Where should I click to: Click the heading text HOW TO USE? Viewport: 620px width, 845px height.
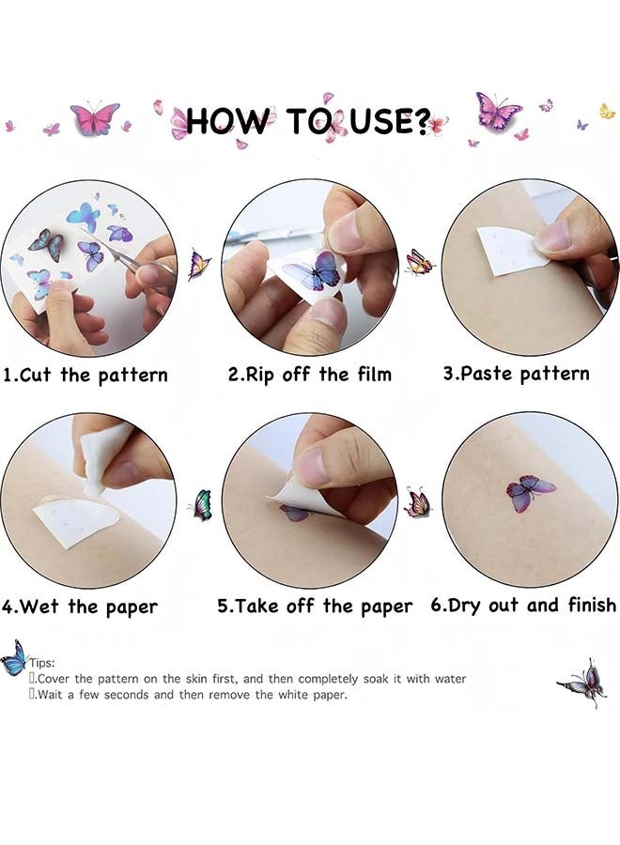pyautogui.click(x=307, y=122)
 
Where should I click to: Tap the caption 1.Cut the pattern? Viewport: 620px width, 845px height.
pyautogui.click(x=85, y=375)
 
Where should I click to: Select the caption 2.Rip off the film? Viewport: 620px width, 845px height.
pyautogui.click(x=309, y=374)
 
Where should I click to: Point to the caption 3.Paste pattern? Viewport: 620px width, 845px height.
pyautogui.click(x=516, y=374)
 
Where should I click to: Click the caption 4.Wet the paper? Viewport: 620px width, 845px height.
pyautogui.click(x=80, y=607)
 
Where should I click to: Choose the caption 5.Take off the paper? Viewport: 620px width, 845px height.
pyautogui.click(x=315, y=607)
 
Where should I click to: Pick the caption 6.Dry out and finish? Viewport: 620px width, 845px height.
pyautogui.click(x=523, y=606)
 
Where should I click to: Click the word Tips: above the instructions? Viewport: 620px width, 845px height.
pyautogui.click(x=42, y=663)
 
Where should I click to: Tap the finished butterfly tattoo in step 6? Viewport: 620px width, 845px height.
pyautogui.click(x=530, y=492)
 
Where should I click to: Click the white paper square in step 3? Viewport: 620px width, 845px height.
pyautogui.click(x=512, y=251)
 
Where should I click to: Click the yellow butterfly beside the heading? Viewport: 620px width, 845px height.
pyautogui.click(x=607, y=111)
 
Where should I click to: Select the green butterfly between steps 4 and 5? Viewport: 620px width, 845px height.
pyautogui.click(x=201, y=505)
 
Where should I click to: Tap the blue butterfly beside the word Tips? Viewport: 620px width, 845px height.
pyautogui.click(x=13, y=657)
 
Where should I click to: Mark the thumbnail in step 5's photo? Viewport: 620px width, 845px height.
pyautogui.click(x=313, y=466)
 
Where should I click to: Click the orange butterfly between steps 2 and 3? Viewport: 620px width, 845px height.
pyautogui.click(x=419, y=263)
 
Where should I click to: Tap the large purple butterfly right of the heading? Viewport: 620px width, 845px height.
pyautogui.click(x=497, y=111)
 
